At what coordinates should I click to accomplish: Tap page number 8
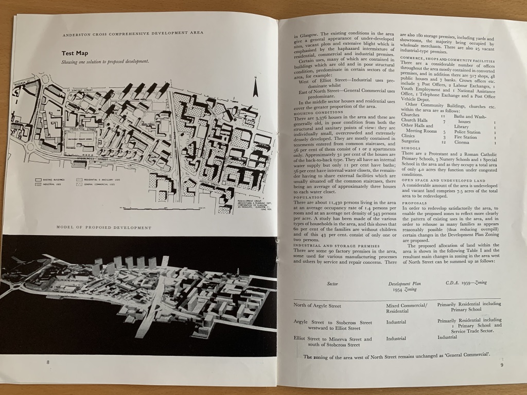click(x=48, y=362)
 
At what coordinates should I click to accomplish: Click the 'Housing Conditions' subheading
click(x=317, y=112)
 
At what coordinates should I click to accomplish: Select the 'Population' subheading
click(x=308, y=197)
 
